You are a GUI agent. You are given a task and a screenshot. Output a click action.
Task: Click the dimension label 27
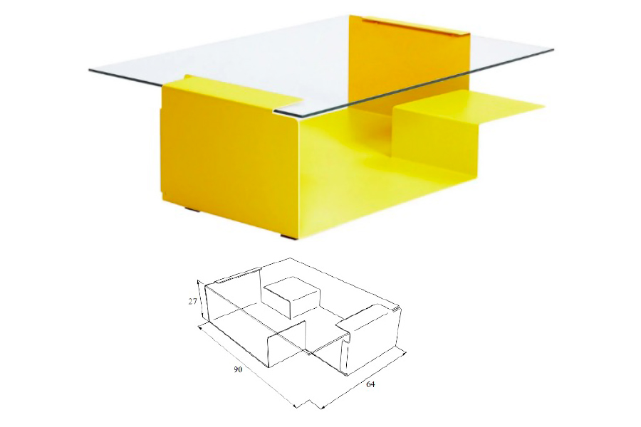point(192,302)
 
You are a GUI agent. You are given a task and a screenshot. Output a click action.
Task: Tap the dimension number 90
point(238,370)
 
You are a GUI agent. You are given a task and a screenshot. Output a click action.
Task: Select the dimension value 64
point(370,384)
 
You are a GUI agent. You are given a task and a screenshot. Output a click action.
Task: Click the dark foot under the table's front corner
point(288,236)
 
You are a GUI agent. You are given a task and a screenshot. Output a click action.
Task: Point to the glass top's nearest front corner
point(274,111)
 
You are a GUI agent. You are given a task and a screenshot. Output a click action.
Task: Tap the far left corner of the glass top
point(90,71)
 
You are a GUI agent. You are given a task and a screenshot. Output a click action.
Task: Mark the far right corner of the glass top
point(553,50)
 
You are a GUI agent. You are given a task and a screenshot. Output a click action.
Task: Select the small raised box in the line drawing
point(292,296)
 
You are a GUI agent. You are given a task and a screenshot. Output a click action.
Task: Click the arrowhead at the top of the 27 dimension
point(198,282)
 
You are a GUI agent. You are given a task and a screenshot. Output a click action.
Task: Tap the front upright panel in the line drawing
point(286,343)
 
